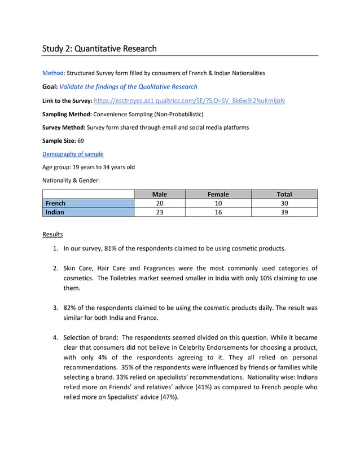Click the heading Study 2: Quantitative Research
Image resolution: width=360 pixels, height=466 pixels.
pyautogui.click(x=99, y=49)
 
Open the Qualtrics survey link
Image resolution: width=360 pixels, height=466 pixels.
pyautogui.click(x=189, y=100)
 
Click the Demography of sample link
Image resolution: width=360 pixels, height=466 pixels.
pyautogui.click(x=73, y=153)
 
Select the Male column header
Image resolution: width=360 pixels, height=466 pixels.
pyautogui.click(x=160, y=194)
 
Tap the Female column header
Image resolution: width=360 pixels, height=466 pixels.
pyautogui.click(x=218, y=194)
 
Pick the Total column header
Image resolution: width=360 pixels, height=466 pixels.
pyautogui.click(x=284, y=194)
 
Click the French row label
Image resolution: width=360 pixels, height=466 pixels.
pyautogui.click(x=56, y=203)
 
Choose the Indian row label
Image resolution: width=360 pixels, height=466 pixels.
pyautogui.click(x=55, y=212)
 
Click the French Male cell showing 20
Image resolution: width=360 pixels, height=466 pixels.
pyautogui.click(x=160, y=203)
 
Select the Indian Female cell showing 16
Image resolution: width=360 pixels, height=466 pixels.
pyautogui.click(x=218, y=212)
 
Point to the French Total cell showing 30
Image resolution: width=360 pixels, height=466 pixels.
pyautogui.click(x=284, y=203)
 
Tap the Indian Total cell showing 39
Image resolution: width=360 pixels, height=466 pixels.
pyautogui.click(x=284, y=212)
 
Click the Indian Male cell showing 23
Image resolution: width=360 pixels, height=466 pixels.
pyautogui.click(x=160, y=212)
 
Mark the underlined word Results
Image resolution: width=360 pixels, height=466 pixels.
pyautogui.click(x=53, y=234)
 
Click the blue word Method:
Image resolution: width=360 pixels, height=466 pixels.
pyautogui.click(x=54, y=73)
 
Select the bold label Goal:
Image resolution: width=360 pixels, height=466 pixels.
pyautogui.click(x=50, y=87)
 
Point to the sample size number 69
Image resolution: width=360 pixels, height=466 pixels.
pyautogui.click(x=80, y=140)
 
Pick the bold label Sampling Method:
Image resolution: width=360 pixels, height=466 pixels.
pyautogui.click(x=67, y=114)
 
